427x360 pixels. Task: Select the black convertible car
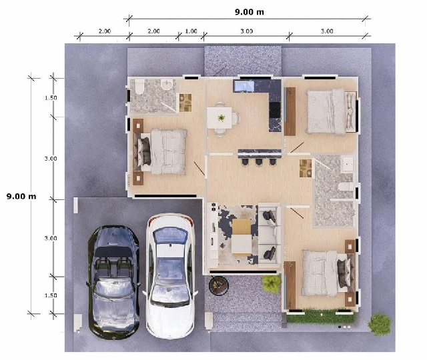click(114, 280)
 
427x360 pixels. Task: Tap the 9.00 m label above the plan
click(248, 11)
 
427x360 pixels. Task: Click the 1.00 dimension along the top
click(191, 31)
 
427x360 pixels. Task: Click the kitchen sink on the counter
click(243, 86)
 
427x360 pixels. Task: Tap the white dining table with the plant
click(220, 116)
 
